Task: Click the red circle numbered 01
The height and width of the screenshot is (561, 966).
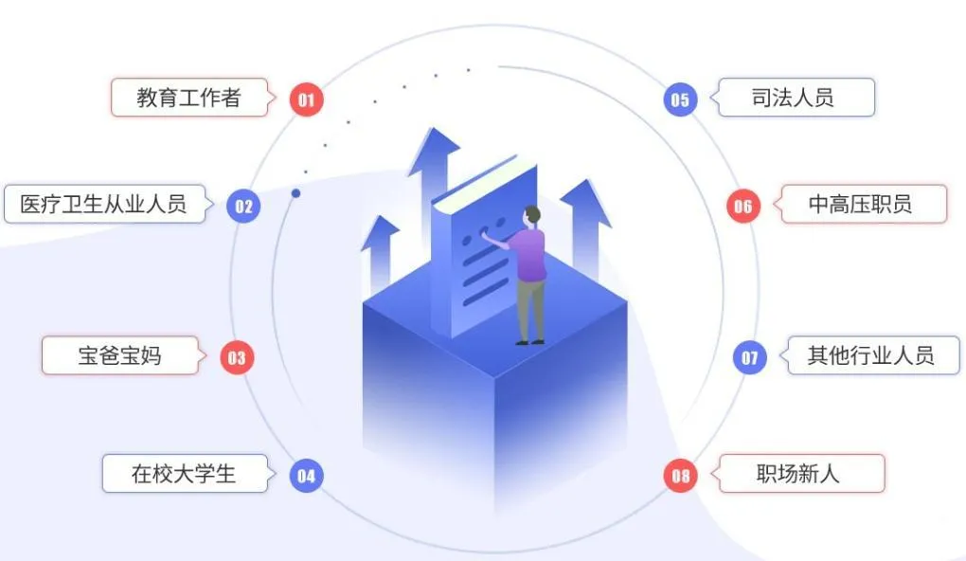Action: click(x=306, y=100)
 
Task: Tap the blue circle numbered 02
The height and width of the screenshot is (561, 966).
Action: click(x=243, y=206)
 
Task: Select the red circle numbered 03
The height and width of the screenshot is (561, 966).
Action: click(x=237, y=357)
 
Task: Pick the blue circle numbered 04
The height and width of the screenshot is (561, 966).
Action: click(x=306, y=476)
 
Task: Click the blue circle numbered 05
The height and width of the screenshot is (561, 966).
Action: click(x=680, y=100)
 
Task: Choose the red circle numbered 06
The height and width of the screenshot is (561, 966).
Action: click(x=743, y=206)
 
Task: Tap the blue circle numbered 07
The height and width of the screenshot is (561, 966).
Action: click(x=750, y=357)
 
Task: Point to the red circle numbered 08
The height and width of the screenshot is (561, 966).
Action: click(x=680, y=476)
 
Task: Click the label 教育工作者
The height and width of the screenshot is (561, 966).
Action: click(x=188, y=98)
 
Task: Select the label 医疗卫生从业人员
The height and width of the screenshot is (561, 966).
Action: click(x=103, y=204)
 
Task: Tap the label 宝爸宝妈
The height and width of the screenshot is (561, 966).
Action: click(x=119, y=355)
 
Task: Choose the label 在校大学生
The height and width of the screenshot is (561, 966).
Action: click(x=184, y=474)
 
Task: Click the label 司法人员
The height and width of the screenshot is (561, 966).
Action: click(x=793, y=98)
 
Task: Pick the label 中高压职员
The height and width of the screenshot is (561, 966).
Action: click(x=860, y=204)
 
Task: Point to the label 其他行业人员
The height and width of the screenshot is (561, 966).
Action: click(x=870, y=355)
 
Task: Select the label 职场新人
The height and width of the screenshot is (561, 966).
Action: click(x=797, y=474)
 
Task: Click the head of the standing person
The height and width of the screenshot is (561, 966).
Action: click(x=531, y=216)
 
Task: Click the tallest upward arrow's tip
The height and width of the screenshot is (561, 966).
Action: click(x=435, y=128)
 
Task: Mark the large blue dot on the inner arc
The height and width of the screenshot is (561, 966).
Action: click(x=295, y=193)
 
